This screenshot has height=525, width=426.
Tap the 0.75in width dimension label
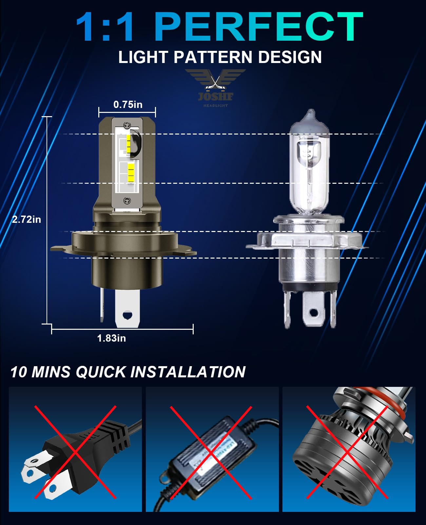(128, 105)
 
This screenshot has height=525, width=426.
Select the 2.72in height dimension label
(27, 220)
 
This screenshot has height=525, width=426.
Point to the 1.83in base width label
(111, 338)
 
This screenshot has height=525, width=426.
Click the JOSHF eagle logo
(215, 87)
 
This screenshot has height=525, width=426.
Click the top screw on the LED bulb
(127, 125)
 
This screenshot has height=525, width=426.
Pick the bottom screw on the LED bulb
(127, 201)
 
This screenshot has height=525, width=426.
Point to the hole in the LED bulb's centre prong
(127, 315)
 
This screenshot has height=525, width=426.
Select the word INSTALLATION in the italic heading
(188, 372)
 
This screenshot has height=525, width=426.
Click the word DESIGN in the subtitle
(290, 57)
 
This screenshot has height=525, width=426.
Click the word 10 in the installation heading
(19, 372)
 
